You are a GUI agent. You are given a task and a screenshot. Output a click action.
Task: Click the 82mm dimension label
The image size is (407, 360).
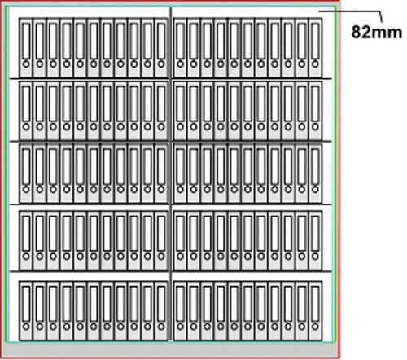pos(377,32)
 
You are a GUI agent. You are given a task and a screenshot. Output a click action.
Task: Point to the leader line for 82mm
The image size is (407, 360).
pos(352,11)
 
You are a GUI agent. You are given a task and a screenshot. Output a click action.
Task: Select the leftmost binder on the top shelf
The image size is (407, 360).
pos(26,47)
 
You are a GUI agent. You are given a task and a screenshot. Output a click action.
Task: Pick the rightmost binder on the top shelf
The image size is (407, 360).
pos(315,47)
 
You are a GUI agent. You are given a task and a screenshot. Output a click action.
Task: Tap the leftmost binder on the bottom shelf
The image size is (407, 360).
pos(26,311)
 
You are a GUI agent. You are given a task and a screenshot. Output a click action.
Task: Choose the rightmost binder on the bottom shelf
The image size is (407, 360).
pos(315,311)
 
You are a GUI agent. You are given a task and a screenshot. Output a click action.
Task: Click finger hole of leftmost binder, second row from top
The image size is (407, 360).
pos(26,127)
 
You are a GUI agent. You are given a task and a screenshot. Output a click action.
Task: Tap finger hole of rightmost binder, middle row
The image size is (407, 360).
pos(315,189)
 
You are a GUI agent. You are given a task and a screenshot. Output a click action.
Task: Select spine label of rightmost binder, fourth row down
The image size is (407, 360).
pos(315,233)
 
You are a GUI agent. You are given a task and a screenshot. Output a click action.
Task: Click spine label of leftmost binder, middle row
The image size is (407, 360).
pos(26,166)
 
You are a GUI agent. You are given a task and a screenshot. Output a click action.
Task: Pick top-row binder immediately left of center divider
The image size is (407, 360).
pos(161,47)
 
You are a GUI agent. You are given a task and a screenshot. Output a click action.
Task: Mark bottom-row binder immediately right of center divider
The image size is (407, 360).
pos(180,311)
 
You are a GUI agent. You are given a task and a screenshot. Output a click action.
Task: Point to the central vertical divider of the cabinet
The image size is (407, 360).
pos(171,173)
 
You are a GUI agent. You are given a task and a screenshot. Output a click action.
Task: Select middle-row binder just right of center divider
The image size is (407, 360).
pos(180,173)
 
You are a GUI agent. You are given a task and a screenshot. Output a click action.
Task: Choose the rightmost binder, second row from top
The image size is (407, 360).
pos(315,111)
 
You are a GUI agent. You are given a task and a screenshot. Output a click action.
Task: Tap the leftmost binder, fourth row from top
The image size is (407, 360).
pos(26,240)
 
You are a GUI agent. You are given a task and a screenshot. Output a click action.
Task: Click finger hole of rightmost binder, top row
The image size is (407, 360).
pos(315,64)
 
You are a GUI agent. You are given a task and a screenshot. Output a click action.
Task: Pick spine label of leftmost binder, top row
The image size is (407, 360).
pos(26,41)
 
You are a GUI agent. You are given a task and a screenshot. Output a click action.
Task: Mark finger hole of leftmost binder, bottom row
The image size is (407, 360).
pos(26,327)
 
